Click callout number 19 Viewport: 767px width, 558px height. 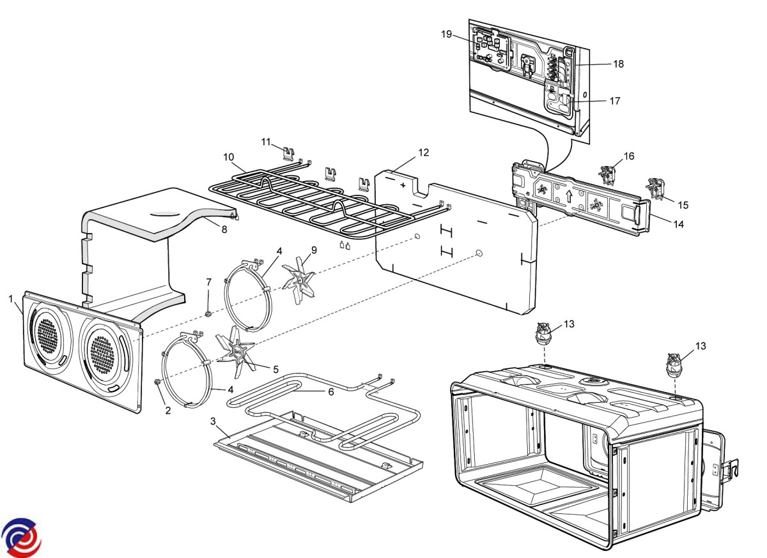pyautogui.click(x=446, y=34)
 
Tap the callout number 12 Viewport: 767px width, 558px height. pyautogui.click(x=424, y=153)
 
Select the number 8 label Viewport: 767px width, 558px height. pyautogui.click(x=224, y=229)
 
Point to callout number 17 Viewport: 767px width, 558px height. pyautogui.click(x=614, y=101)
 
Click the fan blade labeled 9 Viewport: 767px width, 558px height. pyautogui.click(x=298, y=281)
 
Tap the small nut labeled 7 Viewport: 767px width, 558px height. pyautogui.click(x=208, y=313)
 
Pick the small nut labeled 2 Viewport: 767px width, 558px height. pyautogui.click(x=157, y=382)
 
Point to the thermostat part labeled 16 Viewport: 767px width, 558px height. pyautogui.click(x=607, y=174)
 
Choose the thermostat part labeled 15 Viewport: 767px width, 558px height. pyautogui.click(x=656, y=186)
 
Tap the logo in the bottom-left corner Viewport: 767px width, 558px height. pyautogui.click(x=21, y=537)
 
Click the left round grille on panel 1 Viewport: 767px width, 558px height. pyautogui.click(x=49, y=334)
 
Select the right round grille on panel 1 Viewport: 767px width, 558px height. pyautogui.click(x=103, y=352)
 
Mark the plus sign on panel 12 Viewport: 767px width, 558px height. pyautogui.click(x=403, y=185)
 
